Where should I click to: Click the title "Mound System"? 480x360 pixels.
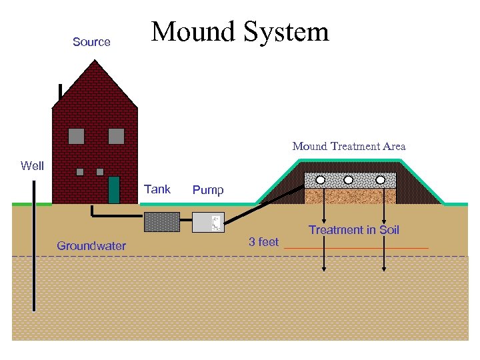pyautogui.click(x=240, y=31)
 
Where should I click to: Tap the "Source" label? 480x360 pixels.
pyautogui.click(x=91, y=42)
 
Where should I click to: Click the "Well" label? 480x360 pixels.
pyautogui.click(x=32, y=165)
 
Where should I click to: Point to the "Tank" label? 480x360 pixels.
pyautogui.click(x=157, y=189)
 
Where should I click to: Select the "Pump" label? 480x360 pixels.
pyautogui.click(x=208, y=191)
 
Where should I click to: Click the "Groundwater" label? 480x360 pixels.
pyautogui.click(x=91, y=246)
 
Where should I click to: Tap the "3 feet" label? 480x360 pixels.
pyautogui.click(x=263, y=242)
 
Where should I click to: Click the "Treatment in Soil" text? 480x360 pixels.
pyautogui.click(x=353, y=230)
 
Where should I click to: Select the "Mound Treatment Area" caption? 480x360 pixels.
pyautogui.click(x=349, y=147)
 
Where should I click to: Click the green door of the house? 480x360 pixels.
pyautogui.click(x=114, y=190)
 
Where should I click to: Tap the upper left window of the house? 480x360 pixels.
pyautogui.click(x=77, y=136)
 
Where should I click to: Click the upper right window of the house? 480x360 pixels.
pyautogui.click(x=116, y=136)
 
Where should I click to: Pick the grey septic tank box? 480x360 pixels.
pyautogui.click(x=162, y=222)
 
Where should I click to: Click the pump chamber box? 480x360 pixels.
pyautogui.click(x=208, y=222)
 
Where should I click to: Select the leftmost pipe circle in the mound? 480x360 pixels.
pyautogui.click(x=321, y=180)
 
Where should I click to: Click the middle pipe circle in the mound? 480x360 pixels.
pyautogui.click(x=348, y=180)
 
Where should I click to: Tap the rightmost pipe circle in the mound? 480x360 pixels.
pyautogui.click(x=381, y=180)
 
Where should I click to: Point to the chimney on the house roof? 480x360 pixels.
pyautogui.click(x=61, y=92)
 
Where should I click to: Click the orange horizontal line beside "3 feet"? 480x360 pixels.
pyautogui.click(x=356, y=249)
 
